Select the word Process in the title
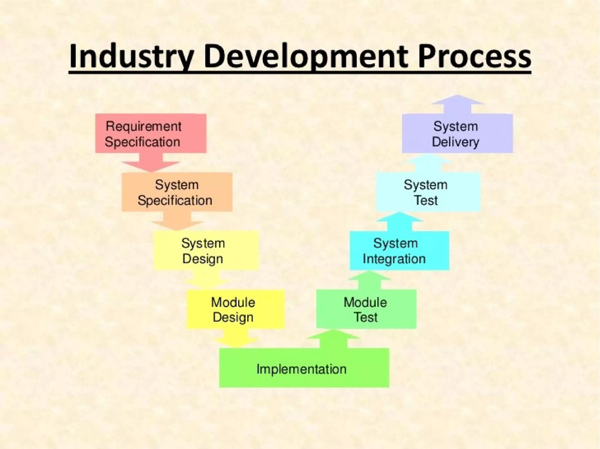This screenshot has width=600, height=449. coord(474,56)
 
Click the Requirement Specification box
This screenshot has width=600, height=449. coord(151,133)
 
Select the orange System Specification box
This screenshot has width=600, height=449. coord(177,192)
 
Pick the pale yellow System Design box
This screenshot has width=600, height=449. coord(206,250)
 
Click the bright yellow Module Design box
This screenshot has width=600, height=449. coord(236,309)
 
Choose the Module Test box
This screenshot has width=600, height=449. coord(366,309)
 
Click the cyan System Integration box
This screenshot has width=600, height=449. coord(399,250)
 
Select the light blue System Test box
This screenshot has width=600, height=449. coord(428,192)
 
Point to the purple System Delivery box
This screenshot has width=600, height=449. coord(457,133)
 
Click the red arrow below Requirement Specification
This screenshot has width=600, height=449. coord(151,164)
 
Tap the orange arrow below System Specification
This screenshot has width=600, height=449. coord(177,222)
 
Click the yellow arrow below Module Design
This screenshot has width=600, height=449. coord(236,339)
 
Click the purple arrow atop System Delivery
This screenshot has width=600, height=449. coord(457,104)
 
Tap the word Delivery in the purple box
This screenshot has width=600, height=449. coord(455,142)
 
